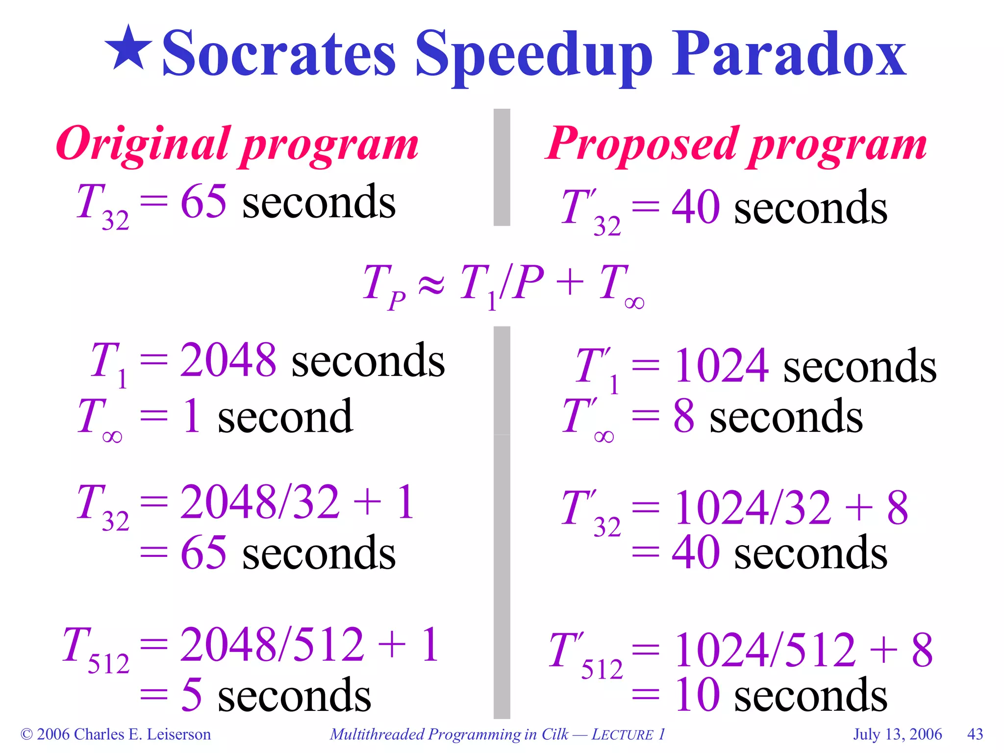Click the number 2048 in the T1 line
[x=228, y=360]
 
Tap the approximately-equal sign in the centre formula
[x=431, y=284]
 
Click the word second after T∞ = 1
[x=285, y=417]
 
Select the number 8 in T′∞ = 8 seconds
[x=683, y=417]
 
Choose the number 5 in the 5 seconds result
[x=191, y=695]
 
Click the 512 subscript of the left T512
[x=108, y=665]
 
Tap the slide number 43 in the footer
[x=975, y=734]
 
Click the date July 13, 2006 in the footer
[x=898, y=734]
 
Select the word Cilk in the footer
[x=554, y=734]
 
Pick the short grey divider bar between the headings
[x=502, y=167]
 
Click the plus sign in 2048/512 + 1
[x=392, y=645]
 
